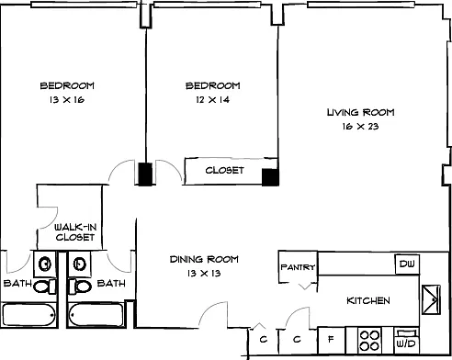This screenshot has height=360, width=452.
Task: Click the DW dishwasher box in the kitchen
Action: click(x=407, y=264)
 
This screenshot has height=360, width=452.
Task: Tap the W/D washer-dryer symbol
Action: click(x=406, y=340)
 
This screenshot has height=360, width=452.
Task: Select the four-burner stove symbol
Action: click(x=369, y=341)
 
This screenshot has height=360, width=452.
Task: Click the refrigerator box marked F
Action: click(x=332, y=340)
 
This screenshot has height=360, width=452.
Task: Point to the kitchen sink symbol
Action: click(x=431, y=299)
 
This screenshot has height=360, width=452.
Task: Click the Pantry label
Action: click(x=298, y=267)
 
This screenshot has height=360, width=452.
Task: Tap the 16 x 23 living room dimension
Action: click(x=361, y=126)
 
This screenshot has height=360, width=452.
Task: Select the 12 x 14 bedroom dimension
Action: click(x=212, y=99)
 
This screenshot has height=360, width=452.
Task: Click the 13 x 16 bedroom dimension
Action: click(x=67, y=99)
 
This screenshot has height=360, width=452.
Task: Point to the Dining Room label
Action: click(x=204, y=259)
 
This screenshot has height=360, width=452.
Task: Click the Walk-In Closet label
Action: click(x=75, y=232)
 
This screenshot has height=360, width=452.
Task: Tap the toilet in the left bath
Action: click(x=45, y=287)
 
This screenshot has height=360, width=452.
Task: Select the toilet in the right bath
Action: click(x=80, y=287)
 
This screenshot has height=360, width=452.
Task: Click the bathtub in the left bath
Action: click(x=28, y=315)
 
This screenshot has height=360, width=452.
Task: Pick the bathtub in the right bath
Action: click(x=96, y=315)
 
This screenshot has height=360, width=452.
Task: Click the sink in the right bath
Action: click(x=80, y=264)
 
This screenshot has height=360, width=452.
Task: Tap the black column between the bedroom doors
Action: click(x=145, y=174)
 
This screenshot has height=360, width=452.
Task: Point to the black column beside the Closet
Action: click(x=270, y=177)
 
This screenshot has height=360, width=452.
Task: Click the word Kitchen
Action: click(x=368, y=300)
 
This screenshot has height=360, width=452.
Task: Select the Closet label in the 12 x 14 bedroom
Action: click(x=225, y=170)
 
